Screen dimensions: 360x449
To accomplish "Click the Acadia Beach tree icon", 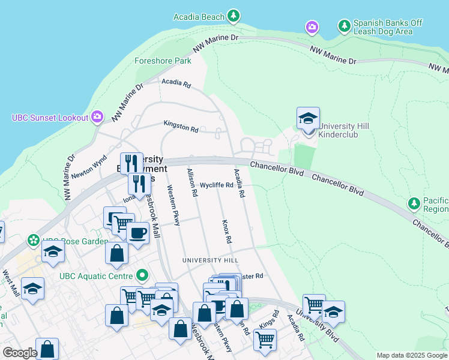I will (234, 15).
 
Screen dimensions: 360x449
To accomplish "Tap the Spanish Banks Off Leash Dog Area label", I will (388, 27).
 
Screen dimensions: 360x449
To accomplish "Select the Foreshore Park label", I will (163, 61).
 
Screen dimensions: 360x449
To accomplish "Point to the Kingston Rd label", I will (181, 126).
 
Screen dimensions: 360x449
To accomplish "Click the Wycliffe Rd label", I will (217, 185).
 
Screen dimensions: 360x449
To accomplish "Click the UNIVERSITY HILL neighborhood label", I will (211, 260).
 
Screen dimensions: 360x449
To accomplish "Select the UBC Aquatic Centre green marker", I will (142, 276).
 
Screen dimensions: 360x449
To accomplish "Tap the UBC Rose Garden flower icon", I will (34, 240).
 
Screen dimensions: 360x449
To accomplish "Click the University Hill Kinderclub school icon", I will (308, 118).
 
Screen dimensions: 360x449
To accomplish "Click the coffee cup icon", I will (138, 232).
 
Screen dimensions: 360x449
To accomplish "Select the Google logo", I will (20, 353).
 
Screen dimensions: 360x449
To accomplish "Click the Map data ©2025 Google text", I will (412, 355).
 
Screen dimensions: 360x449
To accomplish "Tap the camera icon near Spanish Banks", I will (312, 27).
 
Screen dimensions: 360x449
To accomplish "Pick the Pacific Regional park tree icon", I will (414, 203).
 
